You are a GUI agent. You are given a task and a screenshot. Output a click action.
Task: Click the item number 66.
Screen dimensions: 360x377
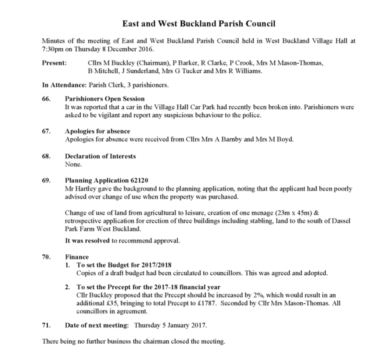[46, 99]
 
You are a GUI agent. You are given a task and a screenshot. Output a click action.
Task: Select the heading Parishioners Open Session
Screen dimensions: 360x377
[104, 99]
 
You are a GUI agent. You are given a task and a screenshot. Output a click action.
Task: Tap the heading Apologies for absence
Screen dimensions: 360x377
[97, 131]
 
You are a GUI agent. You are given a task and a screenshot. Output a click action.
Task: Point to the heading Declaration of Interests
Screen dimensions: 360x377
[100, 156]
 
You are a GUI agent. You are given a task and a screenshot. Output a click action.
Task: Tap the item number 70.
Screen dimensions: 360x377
[46, 257]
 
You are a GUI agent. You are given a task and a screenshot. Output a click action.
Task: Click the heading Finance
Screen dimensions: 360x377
[77, 257]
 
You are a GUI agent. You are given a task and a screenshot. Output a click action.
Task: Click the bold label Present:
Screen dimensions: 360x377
[54, 63]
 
